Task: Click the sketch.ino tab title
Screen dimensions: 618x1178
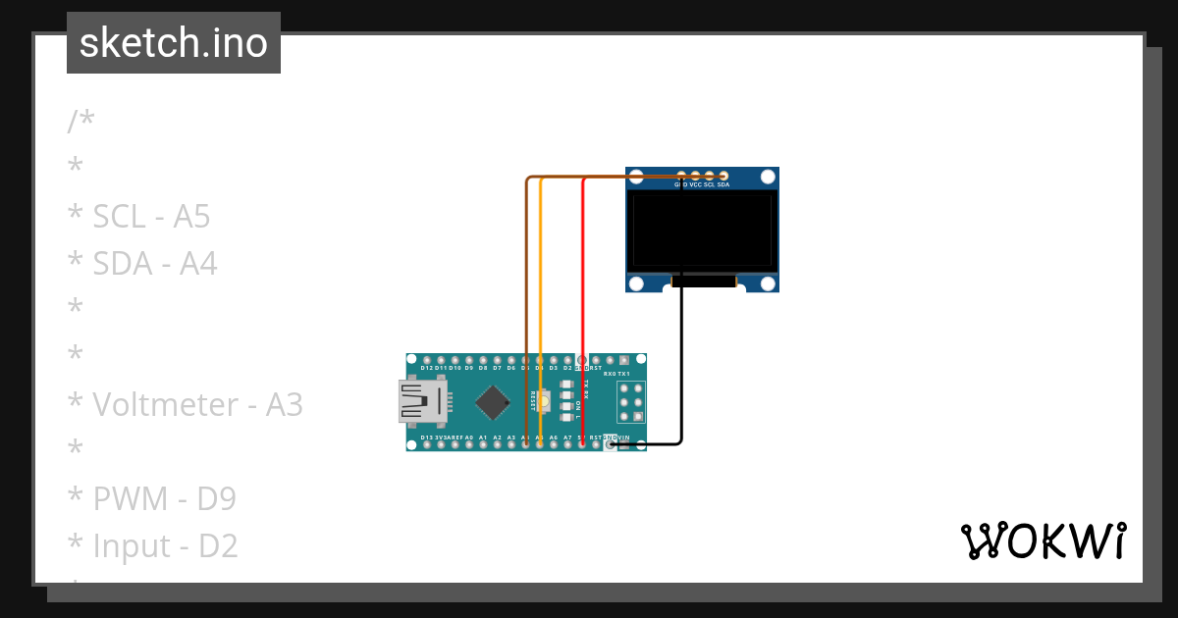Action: [x=174, y=43]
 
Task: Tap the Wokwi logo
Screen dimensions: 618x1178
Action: [x=1043, y=541]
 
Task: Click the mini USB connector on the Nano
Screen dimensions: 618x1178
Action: [x=419, y=401]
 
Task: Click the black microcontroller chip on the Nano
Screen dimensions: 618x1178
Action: [x=492, y=401]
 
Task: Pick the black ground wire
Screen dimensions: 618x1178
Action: [x=682, y=373]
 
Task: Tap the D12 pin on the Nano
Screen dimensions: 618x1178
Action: [x=427, y=360]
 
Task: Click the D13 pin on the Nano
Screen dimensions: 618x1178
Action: [x=427, y=444]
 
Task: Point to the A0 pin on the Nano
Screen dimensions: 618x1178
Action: [x=469, y=444]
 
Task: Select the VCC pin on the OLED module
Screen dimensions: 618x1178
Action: [x=695, y=176]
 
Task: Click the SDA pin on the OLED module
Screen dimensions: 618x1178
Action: [x=723, y=176]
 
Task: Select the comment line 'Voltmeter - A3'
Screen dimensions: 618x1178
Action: [x=186, y=404]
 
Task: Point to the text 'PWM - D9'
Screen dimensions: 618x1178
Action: [x=152, y=498]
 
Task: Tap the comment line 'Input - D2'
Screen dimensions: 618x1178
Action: [x=153, y=545]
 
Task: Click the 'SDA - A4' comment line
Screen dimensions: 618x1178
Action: [x=143, y=263]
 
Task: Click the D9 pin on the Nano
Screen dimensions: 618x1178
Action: [x=469, y=360]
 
